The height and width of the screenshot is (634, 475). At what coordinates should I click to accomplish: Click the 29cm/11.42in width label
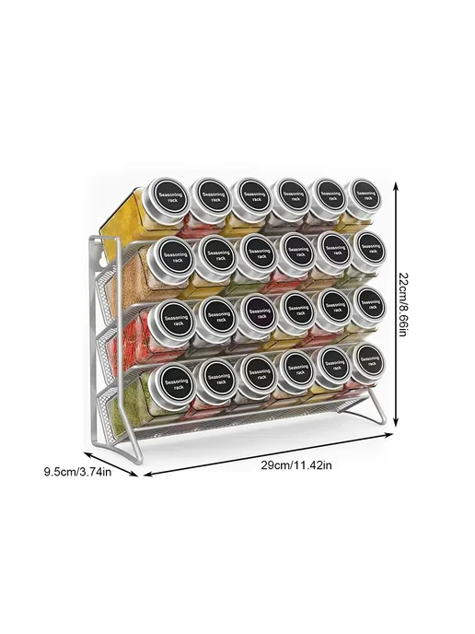pyautogui.click(x=296, y=465)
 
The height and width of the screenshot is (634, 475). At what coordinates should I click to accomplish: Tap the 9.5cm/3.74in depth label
pyautogui.click(x=77, y=472)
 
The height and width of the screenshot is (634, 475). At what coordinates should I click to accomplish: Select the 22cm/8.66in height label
pyautogui.click(x=404, y=304)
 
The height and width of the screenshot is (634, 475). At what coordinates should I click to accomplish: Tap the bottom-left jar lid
pyautogui.click(x=171, y=384)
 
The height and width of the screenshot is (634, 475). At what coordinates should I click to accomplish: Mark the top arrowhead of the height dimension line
pyautogui.click(x=397, y=186)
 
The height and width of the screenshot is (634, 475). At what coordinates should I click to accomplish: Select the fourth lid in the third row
pyautogui.click(x=297, y=311)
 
